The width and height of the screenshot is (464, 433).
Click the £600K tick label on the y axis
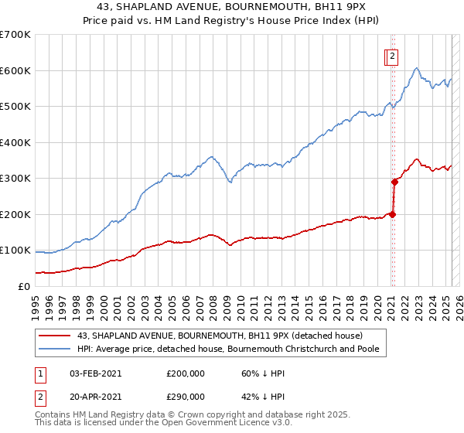point(15,70)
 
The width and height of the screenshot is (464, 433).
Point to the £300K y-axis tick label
point(15,178)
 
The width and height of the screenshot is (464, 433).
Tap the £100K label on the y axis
point(15,250)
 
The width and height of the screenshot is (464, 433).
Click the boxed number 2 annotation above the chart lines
point(392,56)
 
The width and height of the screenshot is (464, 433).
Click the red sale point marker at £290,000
point(394,182)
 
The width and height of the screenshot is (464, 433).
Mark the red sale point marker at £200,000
point(392,214)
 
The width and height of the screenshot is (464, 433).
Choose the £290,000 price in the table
point(186,397)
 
